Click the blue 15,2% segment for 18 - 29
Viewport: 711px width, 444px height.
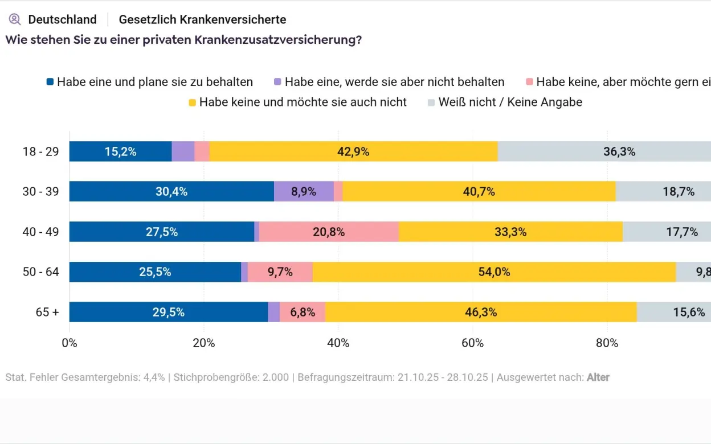click(120, 151)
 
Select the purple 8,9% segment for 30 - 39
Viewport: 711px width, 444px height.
click(304, 191)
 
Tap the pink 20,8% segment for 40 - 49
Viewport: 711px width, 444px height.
click(328, 232)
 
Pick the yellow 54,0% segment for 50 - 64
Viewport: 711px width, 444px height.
click(494, 272)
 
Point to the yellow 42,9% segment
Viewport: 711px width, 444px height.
click(353, 151)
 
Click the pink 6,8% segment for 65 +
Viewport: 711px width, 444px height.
click(302, 312)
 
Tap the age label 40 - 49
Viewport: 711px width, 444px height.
click(40, 232)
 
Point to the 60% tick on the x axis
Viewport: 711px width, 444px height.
click(472, 343)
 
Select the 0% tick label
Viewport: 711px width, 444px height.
click(70, 343)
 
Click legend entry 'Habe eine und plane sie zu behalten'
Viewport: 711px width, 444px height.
click(154, 82)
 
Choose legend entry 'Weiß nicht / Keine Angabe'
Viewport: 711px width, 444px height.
click(510, 102)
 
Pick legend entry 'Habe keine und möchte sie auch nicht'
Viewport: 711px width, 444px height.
click(303, 102)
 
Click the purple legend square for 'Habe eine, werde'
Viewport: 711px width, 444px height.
click(277, 82)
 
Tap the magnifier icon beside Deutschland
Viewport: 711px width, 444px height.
click(15, 19)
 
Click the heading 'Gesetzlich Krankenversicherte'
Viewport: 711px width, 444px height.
click(202, 19)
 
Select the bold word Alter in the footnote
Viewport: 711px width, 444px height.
click(598, 377)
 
